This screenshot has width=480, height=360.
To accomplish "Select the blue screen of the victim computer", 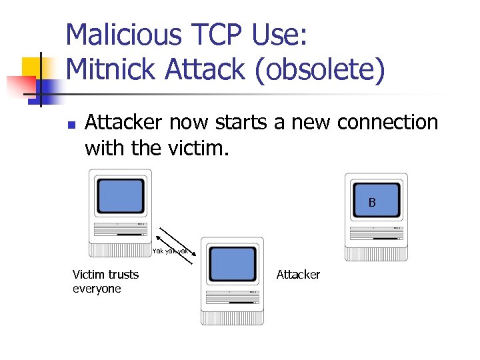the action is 121,195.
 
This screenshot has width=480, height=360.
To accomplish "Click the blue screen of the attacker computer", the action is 232,264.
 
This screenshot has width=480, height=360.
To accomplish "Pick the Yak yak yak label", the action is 171,251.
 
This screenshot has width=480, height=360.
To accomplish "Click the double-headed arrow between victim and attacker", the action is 176,247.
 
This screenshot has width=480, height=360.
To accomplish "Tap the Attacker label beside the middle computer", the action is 298,275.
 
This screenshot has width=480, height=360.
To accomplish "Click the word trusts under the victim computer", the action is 124,274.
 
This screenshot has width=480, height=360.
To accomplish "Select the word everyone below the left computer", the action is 97,289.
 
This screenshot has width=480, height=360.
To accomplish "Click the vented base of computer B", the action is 375,253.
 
